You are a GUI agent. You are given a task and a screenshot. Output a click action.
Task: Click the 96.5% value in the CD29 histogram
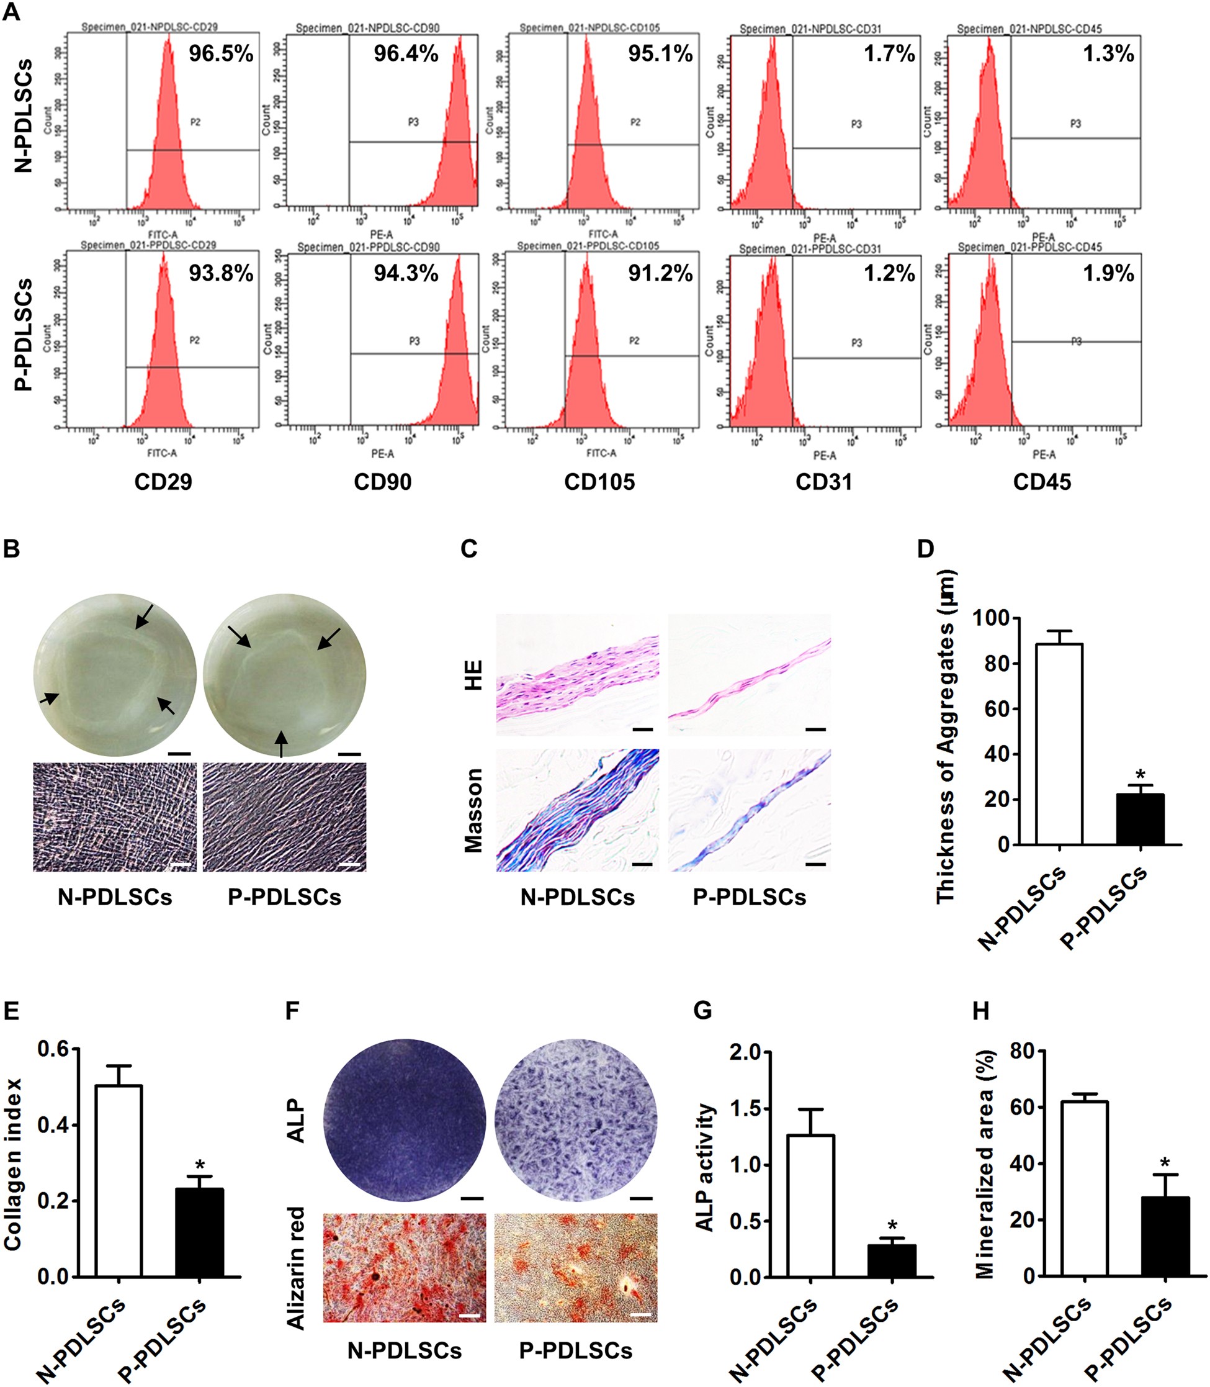click(x=221, y=53)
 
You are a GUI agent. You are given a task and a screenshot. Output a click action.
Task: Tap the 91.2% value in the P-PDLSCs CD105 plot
click(x=660, y=273)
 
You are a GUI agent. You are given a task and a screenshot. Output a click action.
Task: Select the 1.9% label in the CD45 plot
click(x=1108, y=273)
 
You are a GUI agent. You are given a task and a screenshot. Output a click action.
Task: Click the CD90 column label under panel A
click(x=382, y=482)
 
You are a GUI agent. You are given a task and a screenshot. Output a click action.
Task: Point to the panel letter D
click(x=925, y=548)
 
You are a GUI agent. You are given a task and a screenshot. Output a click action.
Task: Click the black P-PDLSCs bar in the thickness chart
click(x=1140, y=820)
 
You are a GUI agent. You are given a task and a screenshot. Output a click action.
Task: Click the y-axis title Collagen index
click(x=13, y=1164)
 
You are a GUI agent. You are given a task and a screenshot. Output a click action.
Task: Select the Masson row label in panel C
click(x=474, y=810)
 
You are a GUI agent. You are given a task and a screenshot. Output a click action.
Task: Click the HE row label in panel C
click(x=474, y=675)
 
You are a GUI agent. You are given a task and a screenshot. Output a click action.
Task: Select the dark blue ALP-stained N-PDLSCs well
click(x=405, y=1120)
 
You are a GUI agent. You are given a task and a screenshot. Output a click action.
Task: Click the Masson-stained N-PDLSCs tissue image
click(x=577, y=810)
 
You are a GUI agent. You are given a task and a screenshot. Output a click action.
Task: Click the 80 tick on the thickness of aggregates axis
click(x=985, y=664)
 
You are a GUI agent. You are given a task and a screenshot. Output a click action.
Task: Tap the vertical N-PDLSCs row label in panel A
click(x=24, y=116)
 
